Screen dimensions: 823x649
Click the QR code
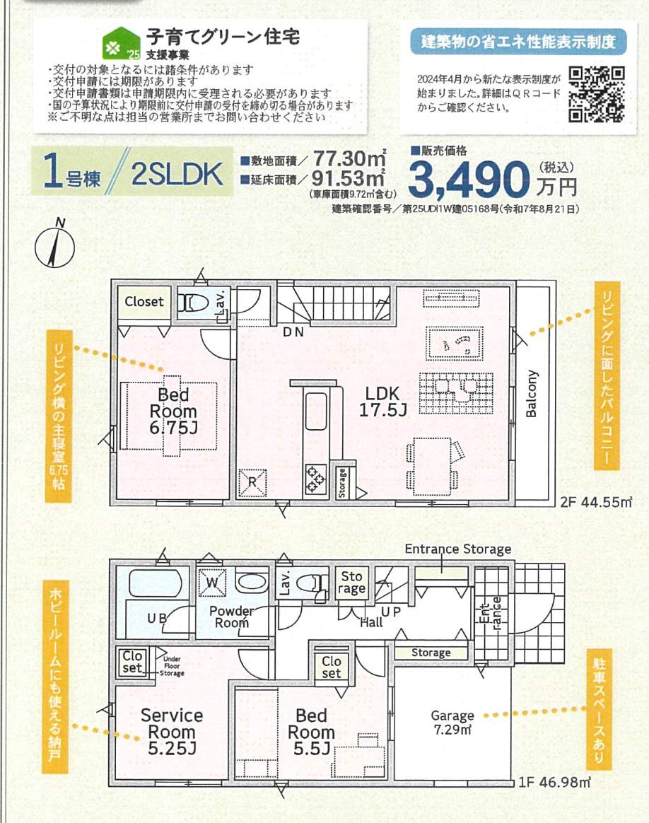[597, 94]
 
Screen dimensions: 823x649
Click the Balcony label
[532, 394]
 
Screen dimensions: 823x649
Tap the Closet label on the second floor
[144, 302]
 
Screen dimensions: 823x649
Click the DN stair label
[293, 332]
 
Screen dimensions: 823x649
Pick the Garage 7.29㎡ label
[452, 722]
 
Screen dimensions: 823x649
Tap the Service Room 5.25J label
[172, 723]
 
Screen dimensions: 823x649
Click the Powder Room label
[232, 617]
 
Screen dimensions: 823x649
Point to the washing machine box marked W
[211, 581]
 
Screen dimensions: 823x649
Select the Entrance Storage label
[457, 549]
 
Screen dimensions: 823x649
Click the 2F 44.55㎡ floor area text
[595, 503]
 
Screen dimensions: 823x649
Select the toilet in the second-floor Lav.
[195, 303]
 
